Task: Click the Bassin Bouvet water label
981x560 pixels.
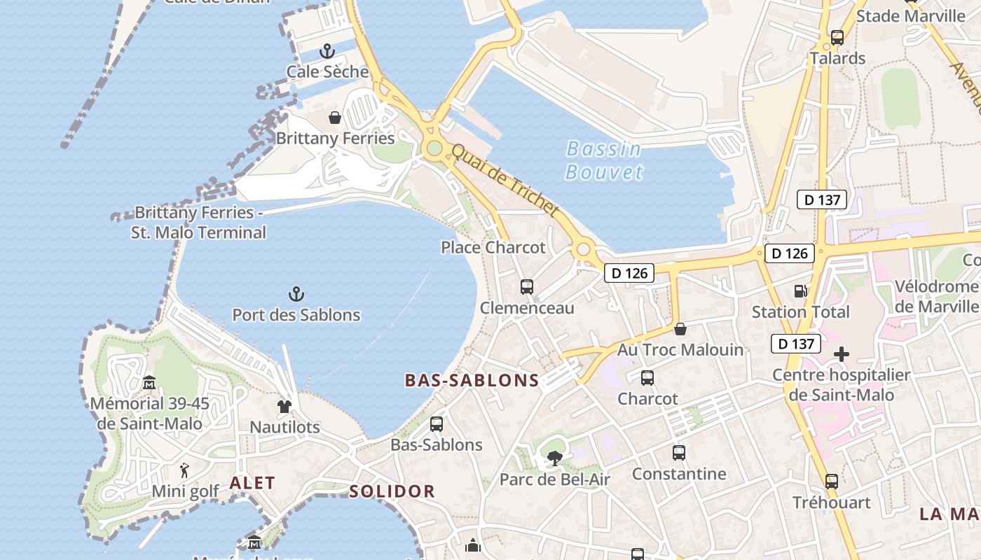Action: (603, 160)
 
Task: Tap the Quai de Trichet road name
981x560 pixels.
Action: (505, 180)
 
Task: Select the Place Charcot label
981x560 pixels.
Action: (493, 247)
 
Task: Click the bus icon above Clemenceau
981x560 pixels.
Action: (527, 287)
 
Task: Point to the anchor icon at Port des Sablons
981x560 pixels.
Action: (296, 294)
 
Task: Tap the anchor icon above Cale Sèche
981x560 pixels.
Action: (327, 51)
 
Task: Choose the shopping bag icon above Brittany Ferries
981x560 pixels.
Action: (335, 117)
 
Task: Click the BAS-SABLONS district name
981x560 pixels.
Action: (472, 381)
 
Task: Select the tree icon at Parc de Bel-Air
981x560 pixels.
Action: (554, 459)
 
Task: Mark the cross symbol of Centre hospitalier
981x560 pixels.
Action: (841, 354)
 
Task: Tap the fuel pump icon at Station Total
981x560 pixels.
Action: (800, 291)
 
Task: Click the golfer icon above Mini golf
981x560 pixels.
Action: (185, 470)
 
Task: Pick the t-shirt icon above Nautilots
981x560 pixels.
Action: (284, 406)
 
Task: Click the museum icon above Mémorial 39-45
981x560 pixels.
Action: (149, 383)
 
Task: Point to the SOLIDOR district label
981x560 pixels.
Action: (392, 491)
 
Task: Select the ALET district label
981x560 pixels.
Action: (252, 483)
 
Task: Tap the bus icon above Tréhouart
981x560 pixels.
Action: (831, 482)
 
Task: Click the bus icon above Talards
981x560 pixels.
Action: (837, 38)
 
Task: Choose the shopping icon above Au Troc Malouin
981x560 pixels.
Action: (680, 328)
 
